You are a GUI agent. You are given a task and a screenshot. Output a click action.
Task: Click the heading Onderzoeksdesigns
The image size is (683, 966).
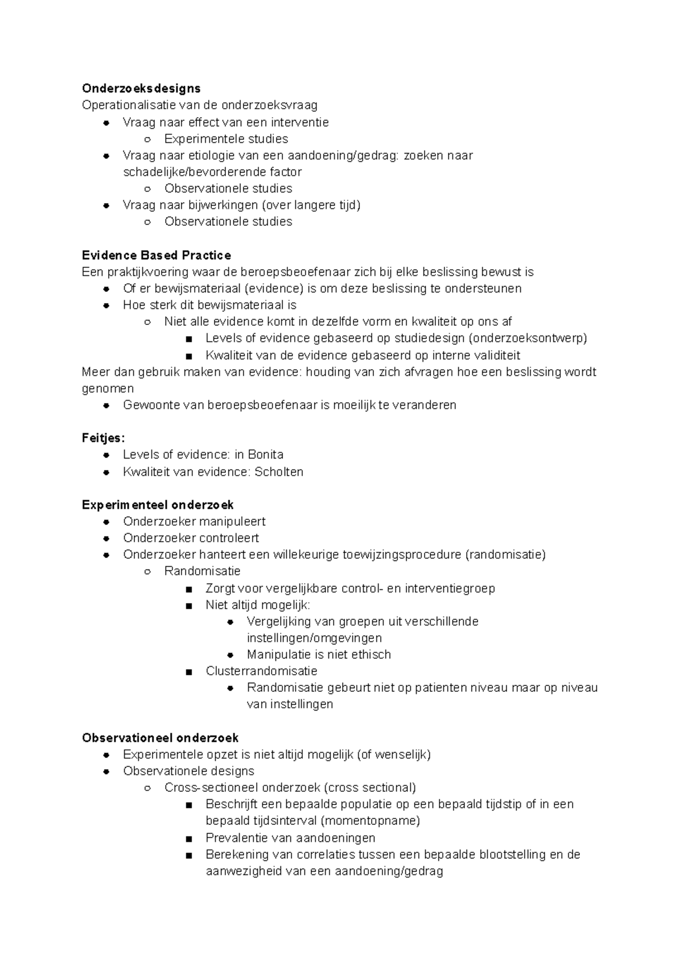click(x=141, y=88)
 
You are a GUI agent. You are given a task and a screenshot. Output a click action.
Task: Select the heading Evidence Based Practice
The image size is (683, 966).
click(x=157, y=255)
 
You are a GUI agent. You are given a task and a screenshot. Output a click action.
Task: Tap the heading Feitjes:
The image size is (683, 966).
click(x=103, y=438)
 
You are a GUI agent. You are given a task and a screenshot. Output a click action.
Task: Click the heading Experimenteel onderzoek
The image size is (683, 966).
click(x=158, y=505)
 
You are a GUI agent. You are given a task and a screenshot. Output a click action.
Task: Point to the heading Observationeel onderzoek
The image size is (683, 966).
click(x=160, y=738)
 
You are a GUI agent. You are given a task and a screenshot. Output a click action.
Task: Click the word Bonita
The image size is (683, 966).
click(x=265, y=455)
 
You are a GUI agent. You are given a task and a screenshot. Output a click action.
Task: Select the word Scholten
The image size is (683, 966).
click(x=279, y=472)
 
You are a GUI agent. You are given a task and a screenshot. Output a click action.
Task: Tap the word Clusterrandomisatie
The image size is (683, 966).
click(x=261, y=671)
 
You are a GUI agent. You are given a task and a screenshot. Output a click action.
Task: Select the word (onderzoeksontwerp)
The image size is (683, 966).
click(x=528, y=338)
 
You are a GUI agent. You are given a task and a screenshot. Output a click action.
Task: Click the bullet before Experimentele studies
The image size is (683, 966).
click(x=147, y=139)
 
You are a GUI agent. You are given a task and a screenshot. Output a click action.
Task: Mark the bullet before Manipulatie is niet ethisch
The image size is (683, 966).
click(x=231, y=655)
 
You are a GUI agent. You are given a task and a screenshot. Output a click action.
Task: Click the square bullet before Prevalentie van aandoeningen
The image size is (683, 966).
click(x=189, y=838)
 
